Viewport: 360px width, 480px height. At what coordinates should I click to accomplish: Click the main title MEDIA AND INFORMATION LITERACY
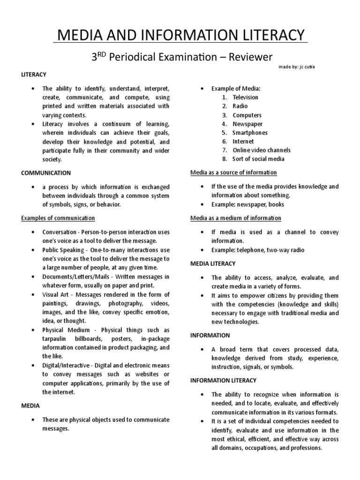pyautogui.click(x=180, y=35)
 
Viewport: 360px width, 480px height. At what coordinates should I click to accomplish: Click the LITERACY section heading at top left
pyautogui.click(x=34, y=75)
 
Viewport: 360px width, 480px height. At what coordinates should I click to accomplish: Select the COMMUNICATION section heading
pyautogui.click(x=46, y=173)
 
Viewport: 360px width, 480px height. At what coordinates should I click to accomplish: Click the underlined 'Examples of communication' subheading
pyautogui.click(x=58, y=218)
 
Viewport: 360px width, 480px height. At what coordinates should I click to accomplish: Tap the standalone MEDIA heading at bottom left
pyautogui.click(x=30, y=405)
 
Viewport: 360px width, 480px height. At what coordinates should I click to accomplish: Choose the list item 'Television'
pyautogui.click(x=245, y=97)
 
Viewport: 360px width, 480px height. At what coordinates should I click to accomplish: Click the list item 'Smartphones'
pyautogui.click(x=250, y=133)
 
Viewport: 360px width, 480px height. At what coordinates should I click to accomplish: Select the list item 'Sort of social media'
pyautogui.click(x=258, y=159)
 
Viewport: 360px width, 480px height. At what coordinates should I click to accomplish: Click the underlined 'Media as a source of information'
pyautogui.click(x=233, y=172)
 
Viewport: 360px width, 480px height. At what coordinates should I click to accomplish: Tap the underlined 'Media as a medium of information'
pyautogui.click(x=236, y=218)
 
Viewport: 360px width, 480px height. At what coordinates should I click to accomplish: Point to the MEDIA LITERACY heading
pyautogui.click(x=213, y=264)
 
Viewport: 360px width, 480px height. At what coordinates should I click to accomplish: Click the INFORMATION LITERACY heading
pyautogui.click(x=223, y=380)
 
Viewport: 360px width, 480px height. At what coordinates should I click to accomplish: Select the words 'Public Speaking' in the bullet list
pyautogui.click(x=63, y=250)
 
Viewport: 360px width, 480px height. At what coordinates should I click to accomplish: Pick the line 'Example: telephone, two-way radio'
pyautogui.click(x=257, y=250)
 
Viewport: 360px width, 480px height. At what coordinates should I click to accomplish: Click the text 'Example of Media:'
pyautogui.click(x=236, y=89)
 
